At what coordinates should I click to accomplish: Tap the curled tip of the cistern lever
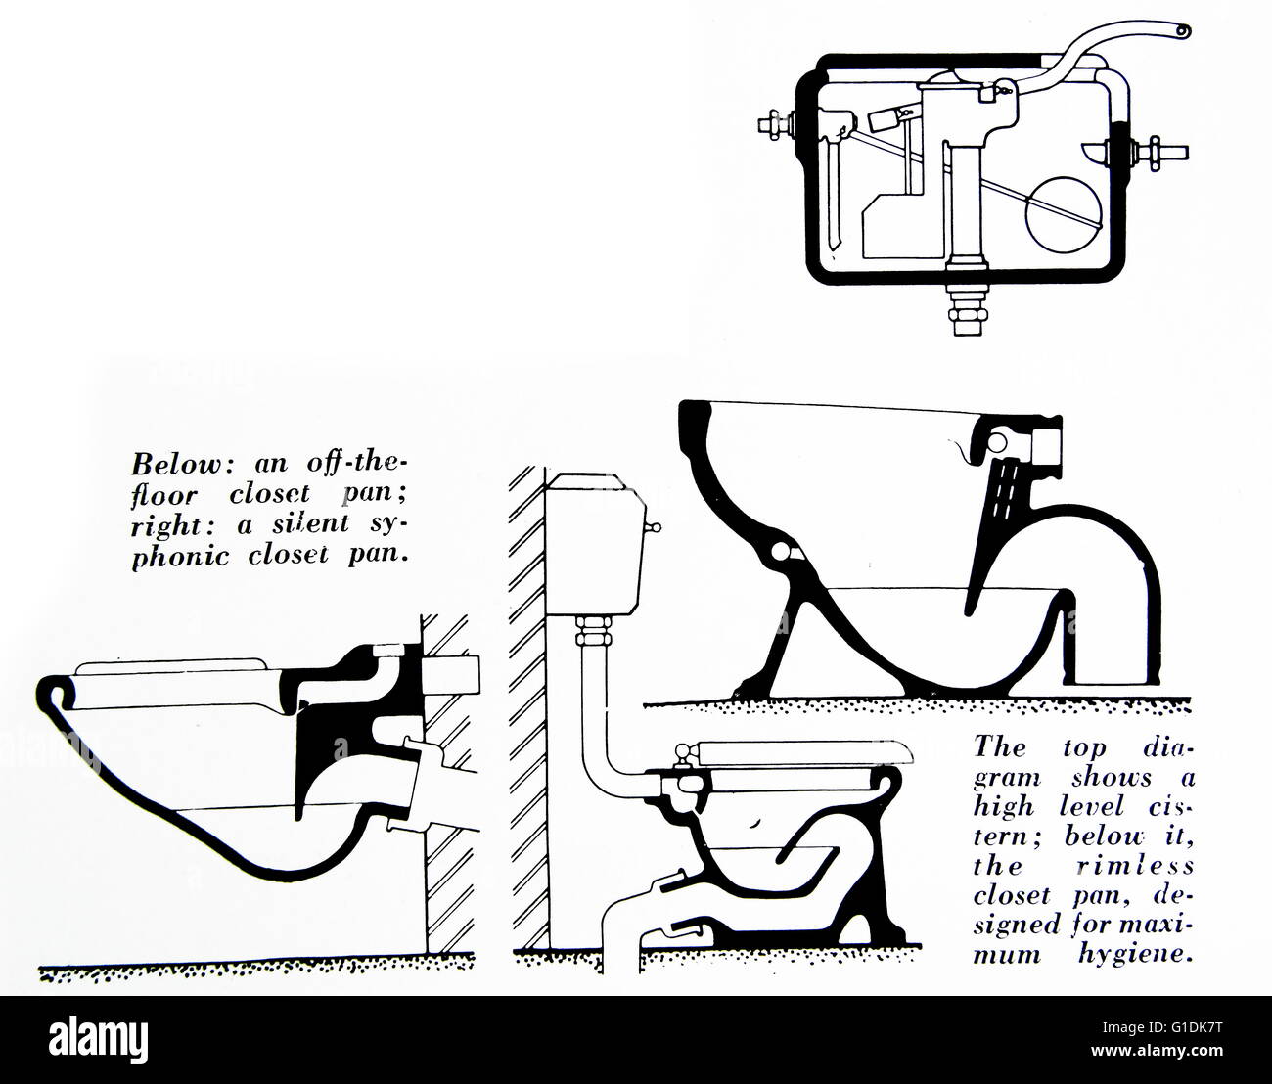pos(1184,32)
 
